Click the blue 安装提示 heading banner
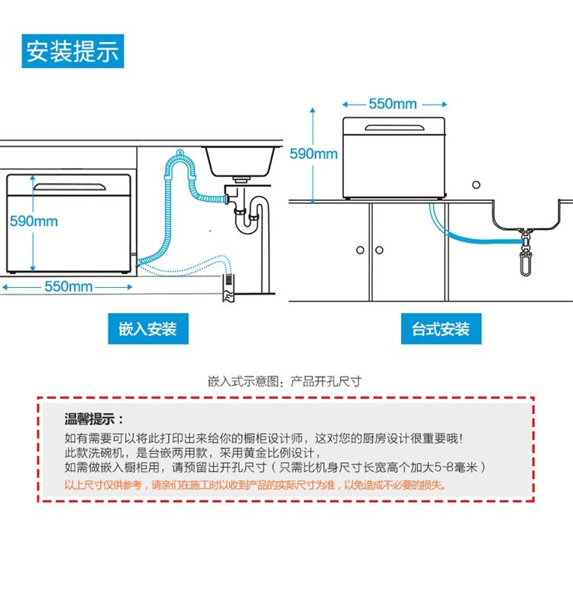(x=73, y=51)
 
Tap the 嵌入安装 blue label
(x=147, y=329)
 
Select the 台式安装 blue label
(x=441, y=329)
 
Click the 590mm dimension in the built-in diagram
(x=34, y=221)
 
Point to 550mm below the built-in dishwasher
(x=68, y=286)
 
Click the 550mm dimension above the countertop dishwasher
(x=393, y=104)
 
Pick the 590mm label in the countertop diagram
(x=313, y=154)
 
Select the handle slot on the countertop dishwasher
(x=392, y=126)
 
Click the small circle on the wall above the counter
(x=477, y=184)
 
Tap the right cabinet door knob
(x=379, y=250)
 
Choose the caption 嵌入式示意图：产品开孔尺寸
(x=284, y=380)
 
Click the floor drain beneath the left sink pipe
(x=228, y=289)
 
